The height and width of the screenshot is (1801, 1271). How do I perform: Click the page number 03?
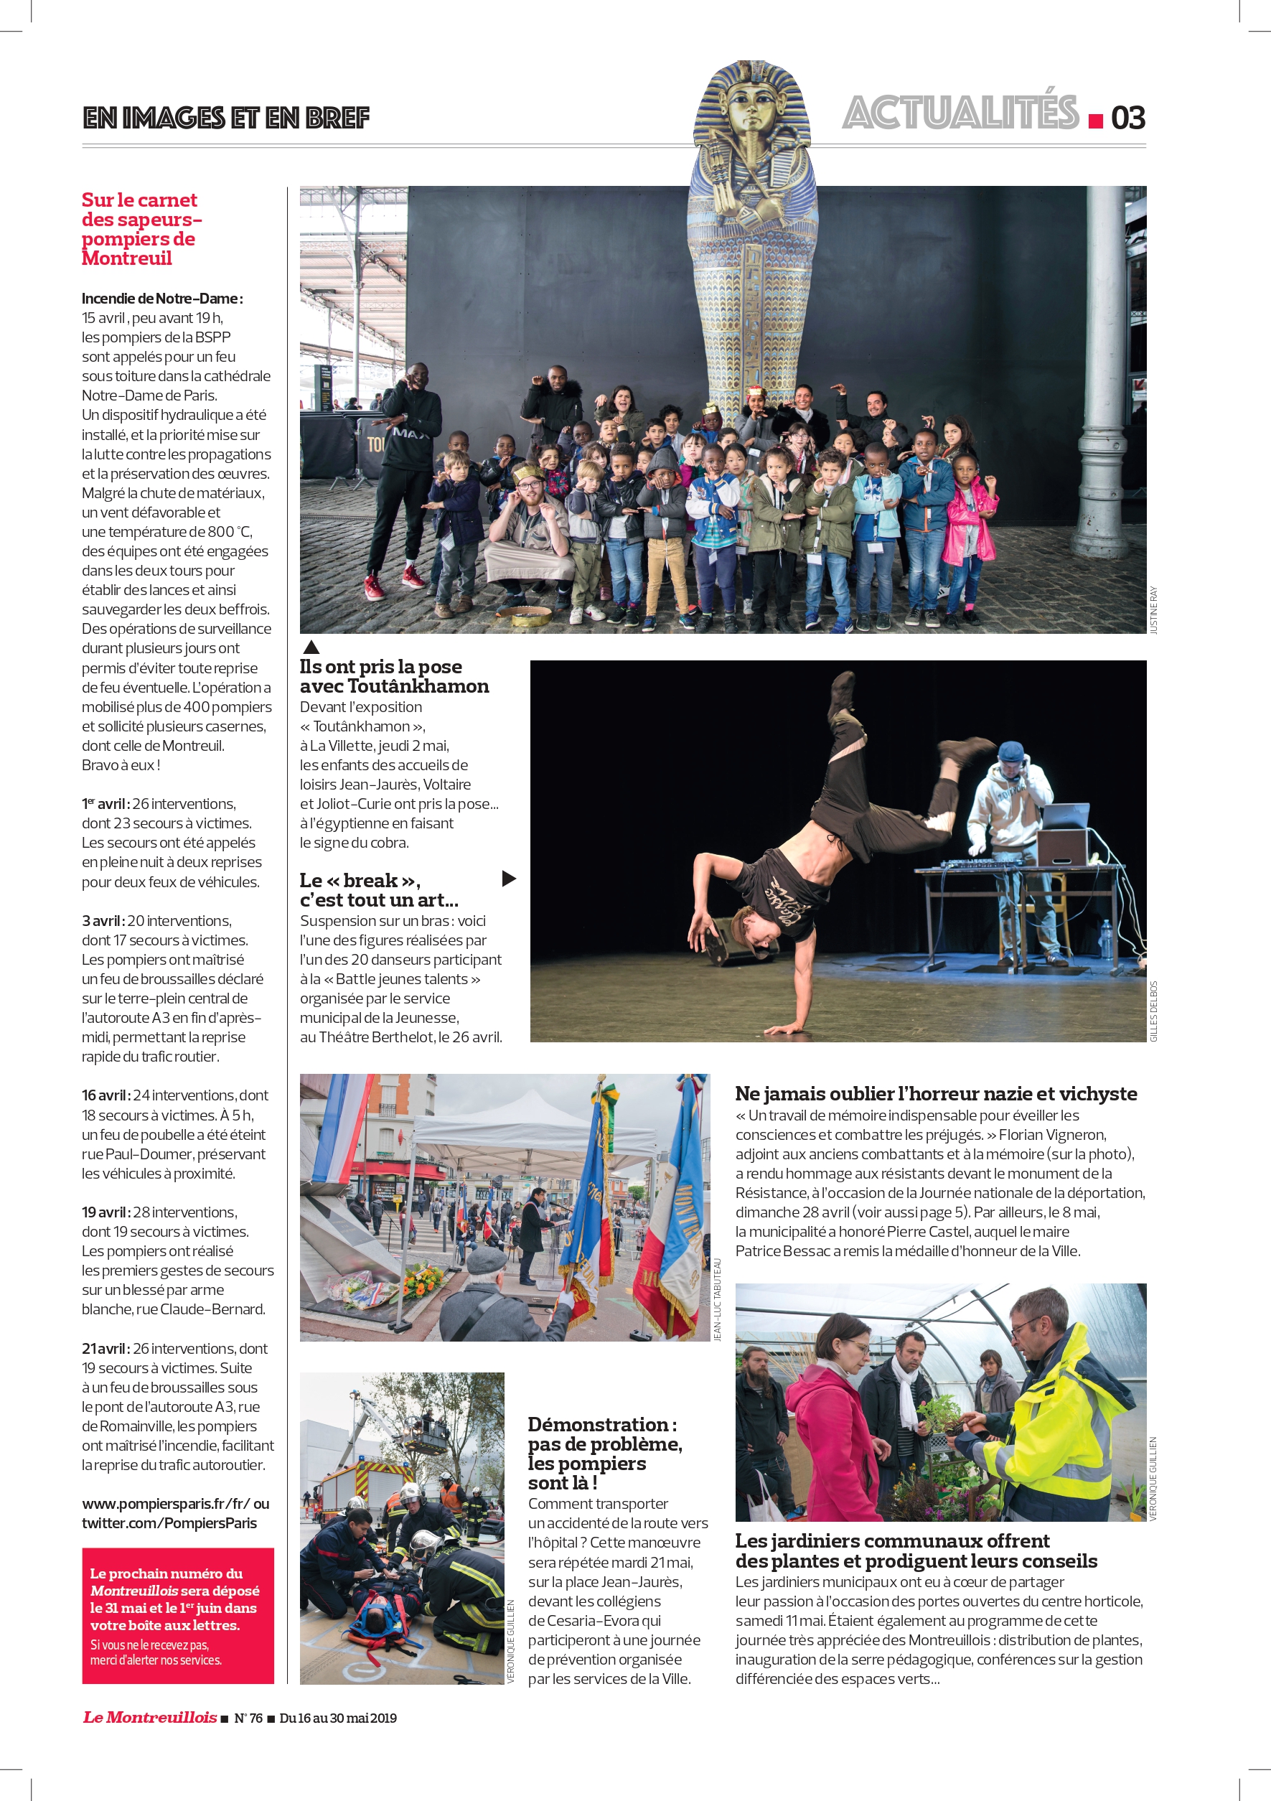[x=1127, y=118]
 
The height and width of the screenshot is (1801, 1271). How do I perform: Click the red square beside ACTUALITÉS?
[x=1095, y=121]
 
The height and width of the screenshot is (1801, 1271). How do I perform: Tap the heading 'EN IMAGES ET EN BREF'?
[x=226, y=118]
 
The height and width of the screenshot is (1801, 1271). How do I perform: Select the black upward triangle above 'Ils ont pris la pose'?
[x=311, y=647]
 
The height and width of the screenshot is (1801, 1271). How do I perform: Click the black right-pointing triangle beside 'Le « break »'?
[x=509, y=879]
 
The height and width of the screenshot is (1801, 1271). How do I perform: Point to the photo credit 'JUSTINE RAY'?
[x=1153, y=610]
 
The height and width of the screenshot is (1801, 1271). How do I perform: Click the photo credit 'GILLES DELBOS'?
[x=1153, y=1011]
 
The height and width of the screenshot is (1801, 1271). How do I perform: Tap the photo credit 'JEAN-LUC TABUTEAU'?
[x=717, y=1300]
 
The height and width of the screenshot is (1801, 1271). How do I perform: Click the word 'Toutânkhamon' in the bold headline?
[x=418, y=686]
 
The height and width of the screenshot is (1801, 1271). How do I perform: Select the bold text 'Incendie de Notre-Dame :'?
[x=162, y=299]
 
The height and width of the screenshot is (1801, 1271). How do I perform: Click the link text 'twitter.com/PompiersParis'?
[x=169, y=1523]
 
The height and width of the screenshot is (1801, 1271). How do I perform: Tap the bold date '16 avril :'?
[x=105, y=1096]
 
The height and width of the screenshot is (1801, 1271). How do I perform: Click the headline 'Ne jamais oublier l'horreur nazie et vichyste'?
[x=935, y=1093]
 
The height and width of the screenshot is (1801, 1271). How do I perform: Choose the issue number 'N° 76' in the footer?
[x=248, y=1718]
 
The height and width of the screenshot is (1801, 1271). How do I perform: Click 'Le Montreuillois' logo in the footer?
[x=150, y=1717]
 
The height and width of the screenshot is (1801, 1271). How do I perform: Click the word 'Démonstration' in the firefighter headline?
[x=598, y=1424]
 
